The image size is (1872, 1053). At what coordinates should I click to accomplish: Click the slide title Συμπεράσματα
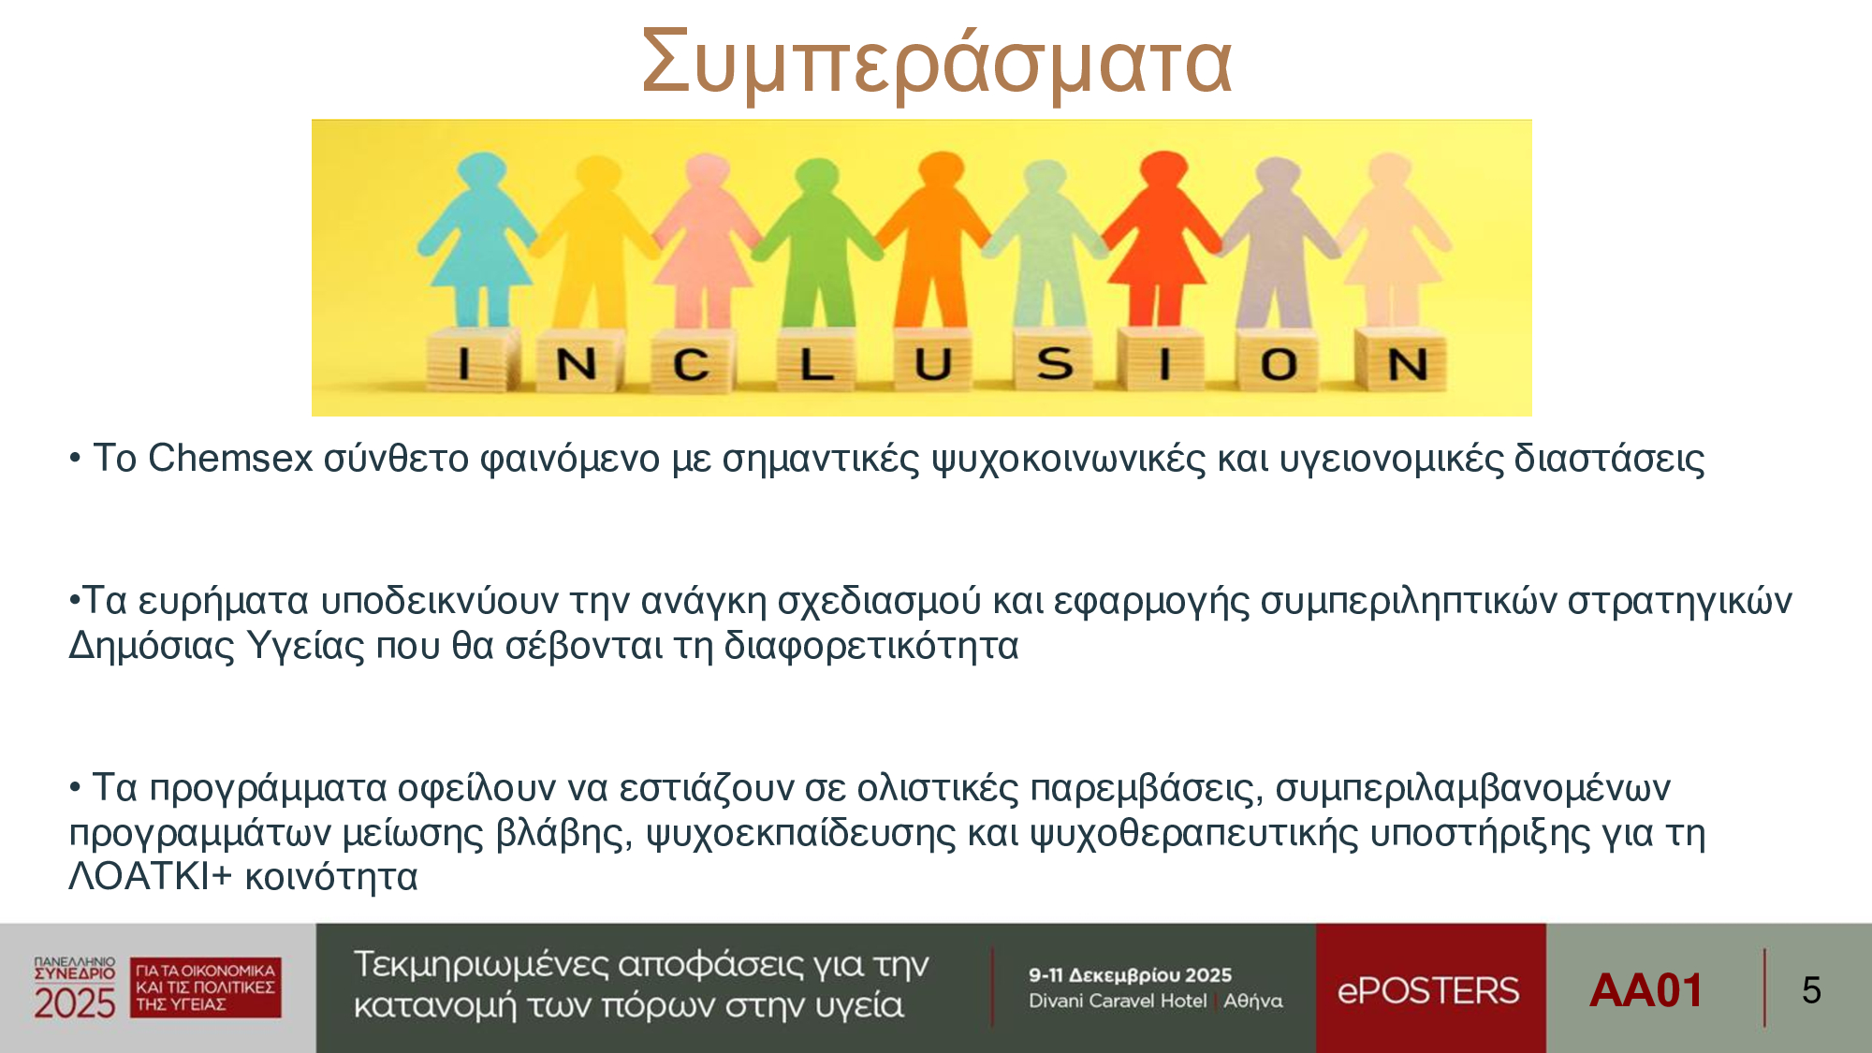[936, 63]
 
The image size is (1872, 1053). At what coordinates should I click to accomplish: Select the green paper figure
[817, 241]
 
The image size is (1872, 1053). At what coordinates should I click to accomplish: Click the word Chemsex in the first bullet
[230, 458]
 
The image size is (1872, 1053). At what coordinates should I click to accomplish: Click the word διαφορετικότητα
[870, 646]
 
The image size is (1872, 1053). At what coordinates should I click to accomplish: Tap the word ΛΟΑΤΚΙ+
[150, 876]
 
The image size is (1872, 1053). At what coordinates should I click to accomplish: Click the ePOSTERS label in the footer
[1428, 990]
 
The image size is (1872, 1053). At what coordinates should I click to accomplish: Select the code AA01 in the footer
[1645, 990]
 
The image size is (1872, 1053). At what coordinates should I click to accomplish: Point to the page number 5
[1811, 990]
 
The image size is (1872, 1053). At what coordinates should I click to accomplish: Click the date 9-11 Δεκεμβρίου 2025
[1130, 974]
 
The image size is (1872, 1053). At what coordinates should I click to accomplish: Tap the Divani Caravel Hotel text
[1118, 1001]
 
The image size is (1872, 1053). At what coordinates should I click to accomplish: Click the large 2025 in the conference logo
[75, 1002]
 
